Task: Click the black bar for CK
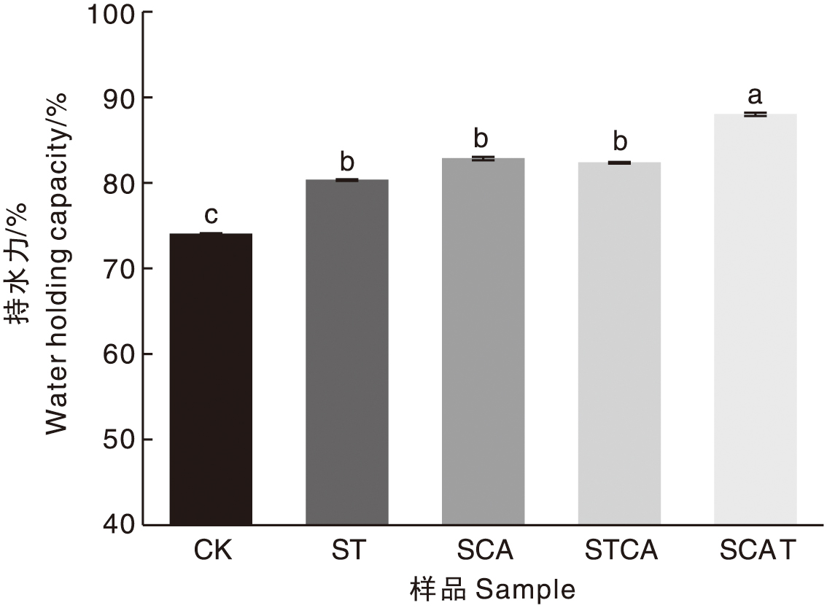pyautogui.click(x=211, y=379)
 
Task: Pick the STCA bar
pyautogui.click(x=619, y=343)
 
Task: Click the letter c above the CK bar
pyautogui.click(x=211, y=215)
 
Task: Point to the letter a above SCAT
pyautogui.click(x=756, y=95)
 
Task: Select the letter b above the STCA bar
pyautogui.click(x=619, y=141)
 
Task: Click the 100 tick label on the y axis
pyautogui.click(x=111, y=13)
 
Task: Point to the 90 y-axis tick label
pyautogui.click(x=118, y=98)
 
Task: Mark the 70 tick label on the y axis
pyautogui.click(x=118, y=269)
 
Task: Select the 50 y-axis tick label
pyautogui.click(x=118, y=440)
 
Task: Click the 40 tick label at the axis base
pyautogui.click(x=118, y=525)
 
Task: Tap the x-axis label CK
pyautogui.click(x=212, y=550)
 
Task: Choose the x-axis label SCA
pyautogui.click(x=485, y=550)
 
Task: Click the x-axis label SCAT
pyautogui.click(x=757, y=550)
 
